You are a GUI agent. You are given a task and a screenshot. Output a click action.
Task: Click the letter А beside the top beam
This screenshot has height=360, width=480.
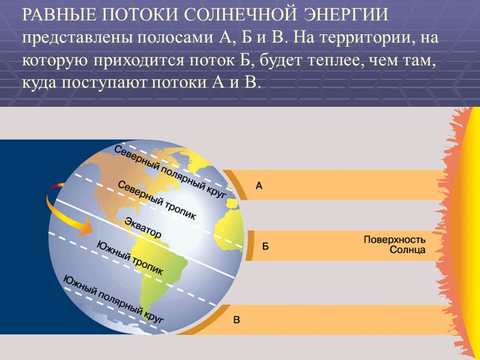pyautogui.click(x=259, y=186)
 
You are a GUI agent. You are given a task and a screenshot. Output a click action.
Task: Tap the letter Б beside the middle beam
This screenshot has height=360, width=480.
pyautogui.click(x=265, y=246)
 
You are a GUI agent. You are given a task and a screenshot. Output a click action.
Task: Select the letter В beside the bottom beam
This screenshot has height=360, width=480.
pyautogui.click(x=236, y=320)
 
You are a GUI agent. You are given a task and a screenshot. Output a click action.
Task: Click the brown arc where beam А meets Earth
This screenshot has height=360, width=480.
pyautogui.click(x=237, y=184)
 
